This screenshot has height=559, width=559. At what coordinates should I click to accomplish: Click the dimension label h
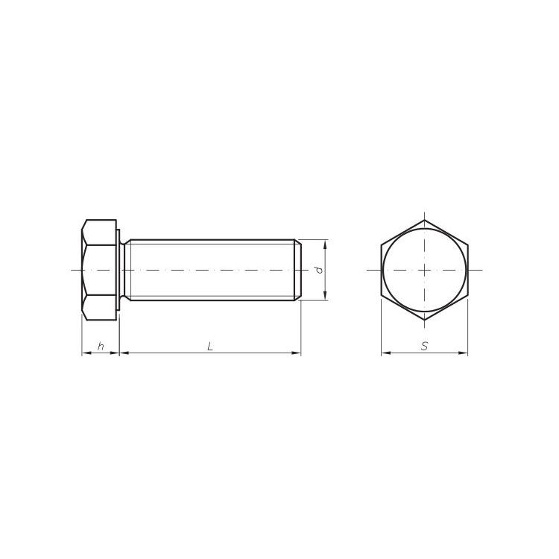coord(101,346)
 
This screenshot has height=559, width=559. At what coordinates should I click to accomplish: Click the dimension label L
coord(210,346)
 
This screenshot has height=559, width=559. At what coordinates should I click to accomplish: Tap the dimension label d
coord(320,270)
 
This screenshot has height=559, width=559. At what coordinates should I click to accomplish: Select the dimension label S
coord(424,346)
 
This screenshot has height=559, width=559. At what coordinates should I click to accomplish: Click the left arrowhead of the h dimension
coord(86,353)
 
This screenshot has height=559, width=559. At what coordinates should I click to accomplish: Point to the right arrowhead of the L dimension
coord(297,353)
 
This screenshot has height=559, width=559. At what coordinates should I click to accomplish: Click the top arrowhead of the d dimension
coord(325,244)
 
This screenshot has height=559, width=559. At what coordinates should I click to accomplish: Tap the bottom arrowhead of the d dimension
coord(325,296)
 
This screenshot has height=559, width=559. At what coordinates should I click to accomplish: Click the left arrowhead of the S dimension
coord(386,353)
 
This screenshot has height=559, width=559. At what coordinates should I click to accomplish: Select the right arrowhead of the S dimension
coord(463,353)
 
